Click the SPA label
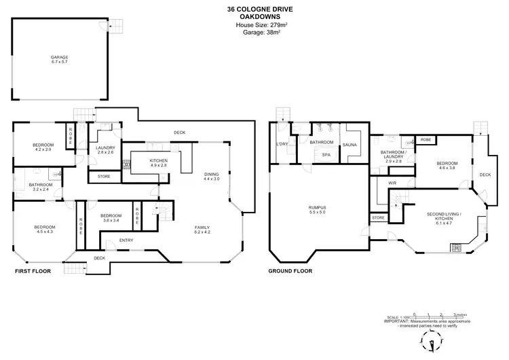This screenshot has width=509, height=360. pos(326,154)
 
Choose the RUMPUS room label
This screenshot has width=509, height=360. pos(317,208)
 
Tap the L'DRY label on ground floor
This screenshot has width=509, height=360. pos(282,145)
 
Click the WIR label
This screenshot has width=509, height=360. pos(392,183)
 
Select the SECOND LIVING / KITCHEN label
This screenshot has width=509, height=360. pos(444,217)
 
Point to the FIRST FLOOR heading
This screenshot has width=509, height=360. pos(35,270)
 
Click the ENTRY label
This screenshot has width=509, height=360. pos(126,240)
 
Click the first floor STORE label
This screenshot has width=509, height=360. pos(104,177)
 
